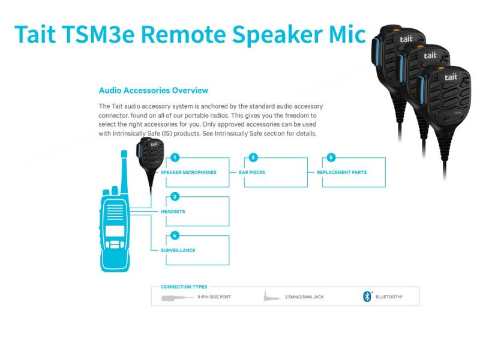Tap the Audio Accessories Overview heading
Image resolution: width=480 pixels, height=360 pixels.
point(153,91)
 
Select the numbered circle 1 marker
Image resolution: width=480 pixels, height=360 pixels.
point(175,158)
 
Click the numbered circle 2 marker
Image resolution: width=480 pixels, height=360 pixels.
point(253,158)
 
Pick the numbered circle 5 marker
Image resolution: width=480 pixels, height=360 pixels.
point(331,158)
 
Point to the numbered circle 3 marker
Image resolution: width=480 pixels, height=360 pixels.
point(175,196)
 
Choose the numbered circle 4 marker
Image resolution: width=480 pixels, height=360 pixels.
point(175,235)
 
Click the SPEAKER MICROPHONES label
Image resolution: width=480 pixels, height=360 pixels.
point(188,172)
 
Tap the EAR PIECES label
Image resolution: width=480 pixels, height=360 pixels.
point(252,172)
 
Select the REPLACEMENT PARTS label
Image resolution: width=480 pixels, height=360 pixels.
point(341,172)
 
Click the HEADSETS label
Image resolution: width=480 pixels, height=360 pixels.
point(173,212)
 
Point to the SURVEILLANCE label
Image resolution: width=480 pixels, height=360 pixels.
point(178,250)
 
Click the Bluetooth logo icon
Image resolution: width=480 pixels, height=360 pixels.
point(367,296)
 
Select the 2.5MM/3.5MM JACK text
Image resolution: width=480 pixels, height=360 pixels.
point(304,297)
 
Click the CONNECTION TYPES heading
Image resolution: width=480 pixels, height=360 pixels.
point(184,287)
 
